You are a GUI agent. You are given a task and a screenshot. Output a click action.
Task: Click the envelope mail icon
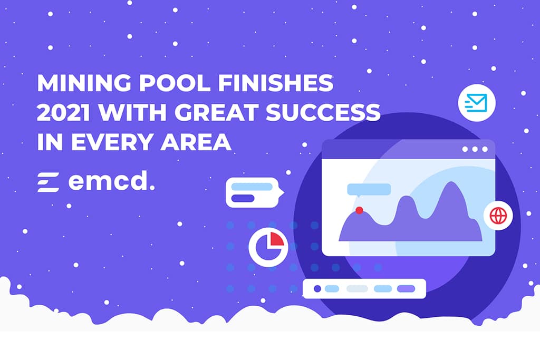click(x=476, y=102)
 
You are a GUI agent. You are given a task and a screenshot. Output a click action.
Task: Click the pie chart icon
click(x=268, y=246)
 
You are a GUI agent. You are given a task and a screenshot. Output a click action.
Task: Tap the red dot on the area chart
click(x=359, y=210)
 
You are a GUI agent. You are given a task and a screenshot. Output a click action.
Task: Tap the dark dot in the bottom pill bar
click(x=317, y=288)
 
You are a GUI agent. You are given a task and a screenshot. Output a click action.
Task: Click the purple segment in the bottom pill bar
click(x=406, y=288)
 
